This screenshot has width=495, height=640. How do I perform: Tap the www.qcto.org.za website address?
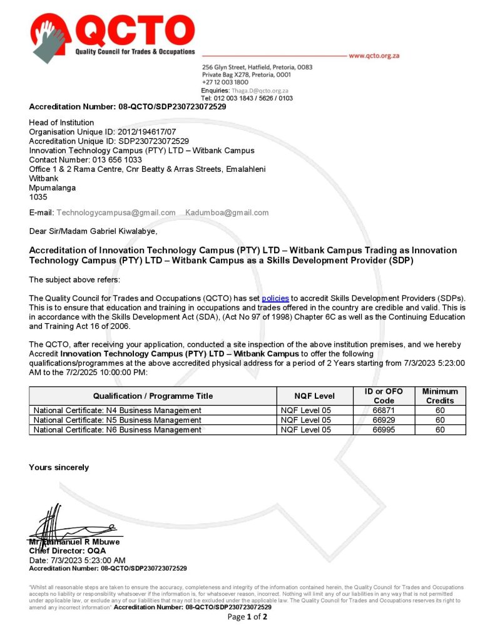[x=374, y=56]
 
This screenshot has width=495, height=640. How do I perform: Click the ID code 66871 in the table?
[x=384, y=411]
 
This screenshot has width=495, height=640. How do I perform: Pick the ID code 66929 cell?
[x=384, y=420]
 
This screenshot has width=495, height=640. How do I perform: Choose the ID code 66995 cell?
[x=384, y=429]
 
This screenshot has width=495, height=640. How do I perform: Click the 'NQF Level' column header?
[x=314, y=396]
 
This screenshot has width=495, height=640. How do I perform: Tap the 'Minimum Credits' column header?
[x=440, y=396]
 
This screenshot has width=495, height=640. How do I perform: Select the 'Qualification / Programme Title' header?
[x=153, y=396]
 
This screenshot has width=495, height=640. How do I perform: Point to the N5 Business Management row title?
[x=118, y=420]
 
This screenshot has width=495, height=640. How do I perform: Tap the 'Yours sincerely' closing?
[x=59, y=467]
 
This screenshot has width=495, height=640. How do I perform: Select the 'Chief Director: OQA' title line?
[x=68, y=551]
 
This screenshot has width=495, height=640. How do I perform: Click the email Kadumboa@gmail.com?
[x=227, y=212]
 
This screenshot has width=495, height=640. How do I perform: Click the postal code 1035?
[x=38, y=196]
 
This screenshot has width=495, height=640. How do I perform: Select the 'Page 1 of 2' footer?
[x=247, y=617]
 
